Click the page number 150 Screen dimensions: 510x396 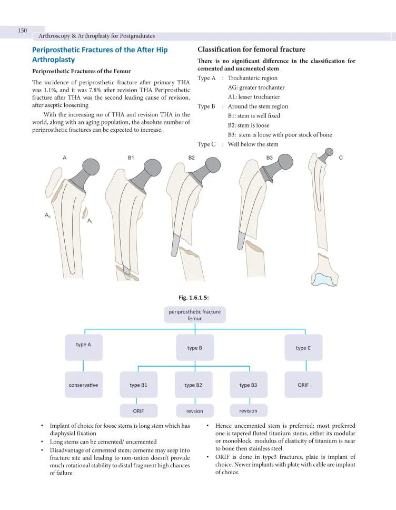pos(22,31)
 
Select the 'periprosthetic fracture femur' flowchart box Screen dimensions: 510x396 pos(194,315)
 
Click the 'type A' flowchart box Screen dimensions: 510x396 pos(84,347)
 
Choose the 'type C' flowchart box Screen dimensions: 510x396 pos(303,348)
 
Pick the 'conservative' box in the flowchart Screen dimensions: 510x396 pos(84,385)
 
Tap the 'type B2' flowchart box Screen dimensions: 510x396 pos(193,385)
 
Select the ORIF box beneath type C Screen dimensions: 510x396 pos(303,385)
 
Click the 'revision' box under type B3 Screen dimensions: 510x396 pos(248,410)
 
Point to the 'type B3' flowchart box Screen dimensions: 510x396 pos(248,385)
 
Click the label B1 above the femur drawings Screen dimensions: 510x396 pos(131,158)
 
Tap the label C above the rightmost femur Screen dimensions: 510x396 pos(341,158)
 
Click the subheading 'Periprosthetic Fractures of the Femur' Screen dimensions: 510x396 pos(82,71)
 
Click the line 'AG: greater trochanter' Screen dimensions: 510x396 pos(256,87)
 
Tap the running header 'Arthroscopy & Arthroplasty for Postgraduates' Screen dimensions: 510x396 pos(96,36)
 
